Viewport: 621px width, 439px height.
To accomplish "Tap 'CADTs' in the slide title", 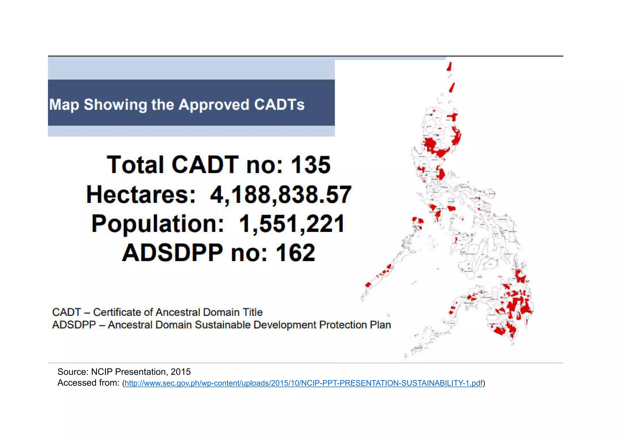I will click(x=279, y=105).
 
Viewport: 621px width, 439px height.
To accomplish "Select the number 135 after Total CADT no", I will click(x=310, y=165).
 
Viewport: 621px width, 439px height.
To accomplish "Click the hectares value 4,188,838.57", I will click(x=280, y=194).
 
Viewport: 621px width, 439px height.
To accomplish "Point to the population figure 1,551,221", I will click(x=292, y=224).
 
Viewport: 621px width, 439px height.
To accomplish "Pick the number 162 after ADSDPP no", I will click(x=295, y=253).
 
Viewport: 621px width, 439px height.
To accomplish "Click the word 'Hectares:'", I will click(x=141, y=194).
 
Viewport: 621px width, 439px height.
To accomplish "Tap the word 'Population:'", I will click(x=158, y=224).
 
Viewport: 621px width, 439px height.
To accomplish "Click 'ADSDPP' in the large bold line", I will click(x=172, y=253).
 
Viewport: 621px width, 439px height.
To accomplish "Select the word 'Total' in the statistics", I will click(x=135, y=165).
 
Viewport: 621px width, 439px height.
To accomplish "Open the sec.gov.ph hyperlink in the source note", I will click(x=303, y=383).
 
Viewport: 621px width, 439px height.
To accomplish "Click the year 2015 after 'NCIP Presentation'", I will click(x=181, y=372).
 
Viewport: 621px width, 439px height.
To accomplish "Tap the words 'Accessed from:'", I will click(x=89, y=383).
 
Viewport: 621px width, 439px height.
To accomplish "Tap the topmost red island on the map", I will click(x=449, y=66).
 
